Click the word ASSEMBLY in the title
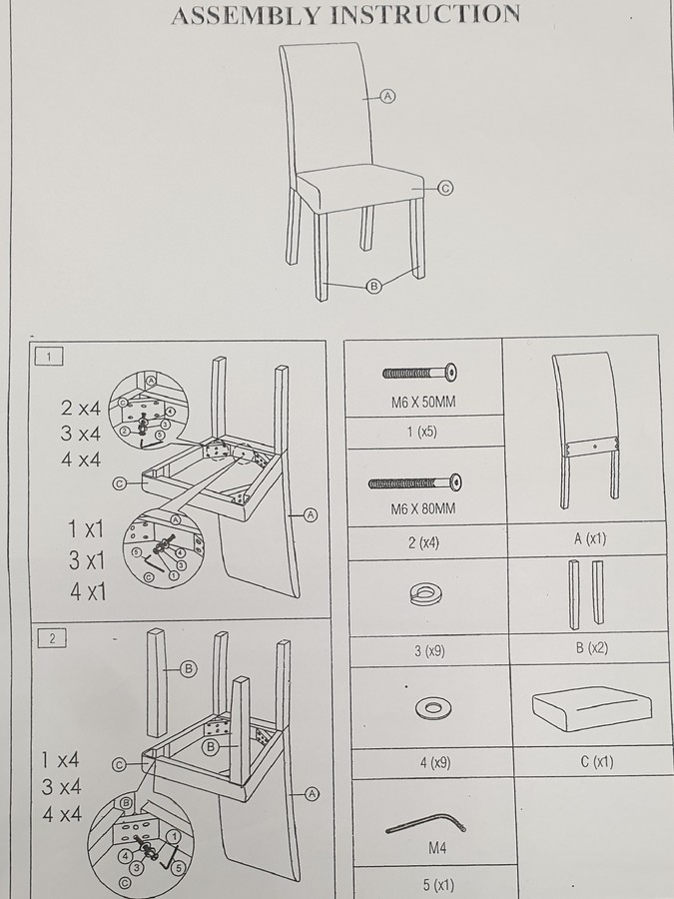pyautogui.click(x=246, y=15)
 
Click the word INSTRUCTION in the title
pyautogui.click(x=425, y=14)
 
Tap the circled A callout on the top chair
pyautogui.click(x=388, y=96)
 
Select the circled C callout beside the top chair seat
pyautogui.click(x=445, y=188)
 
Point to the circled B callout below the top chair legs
pyautogui.click(x=373, y=286)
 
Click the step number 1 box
pyautogui.click(x=49, y=357)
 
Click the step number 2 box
pyautogui.click(x=52, y=638)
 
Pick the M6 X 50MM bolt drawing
pyautogui.click(x=419, y=373)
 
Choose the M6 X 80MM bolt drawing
pyautogui.click(x=415, y=482)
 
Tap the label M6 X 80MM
pyautogui.click(x=423, y=508)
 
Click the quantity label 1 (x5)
pyautogui.click(x=421, y=432)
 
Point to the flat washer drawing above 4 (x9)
pyautogui.click(x=433, y=709)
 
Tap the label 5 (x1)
pyautogui.click(x=438, y=885)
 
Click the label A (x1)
pyautogui.click(x=589, y=538)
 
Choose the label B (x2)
pyautogui.click(x=591, y=648)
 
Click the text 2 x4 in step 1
pyautogui.click(x=80, y=408)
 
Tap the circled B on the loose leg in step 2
pyautogui.click(x=188, y=668)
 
